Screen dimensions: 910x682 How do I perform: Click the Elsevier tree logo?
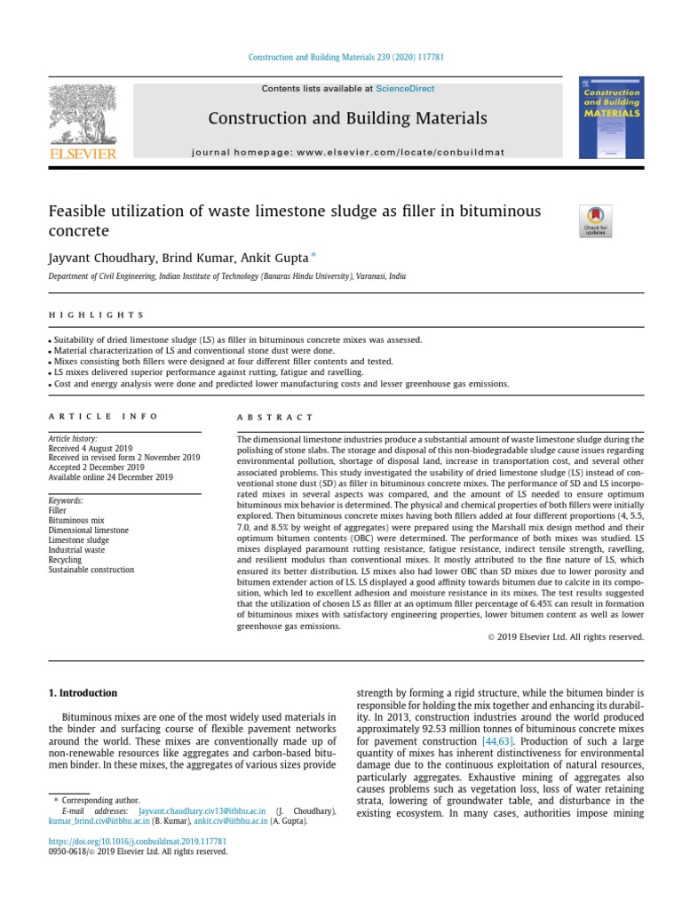[x=82, y=117]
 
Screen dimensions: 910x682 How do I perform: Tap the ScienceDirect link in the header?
[x=405, y=89]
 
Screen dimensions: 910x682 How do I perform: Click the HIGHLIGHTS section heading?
[x=96, y=315]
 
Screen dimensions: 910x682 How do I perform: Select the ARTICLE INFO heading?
[x=103, y=416]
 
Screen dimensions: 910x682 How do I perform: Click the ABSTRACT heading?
[x=275, y=417]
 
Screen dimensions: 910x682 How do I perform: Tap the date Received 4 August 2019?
[x=91, y=448]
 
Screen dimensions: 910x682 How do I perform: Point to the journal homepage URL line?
[x=347, y=152]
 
